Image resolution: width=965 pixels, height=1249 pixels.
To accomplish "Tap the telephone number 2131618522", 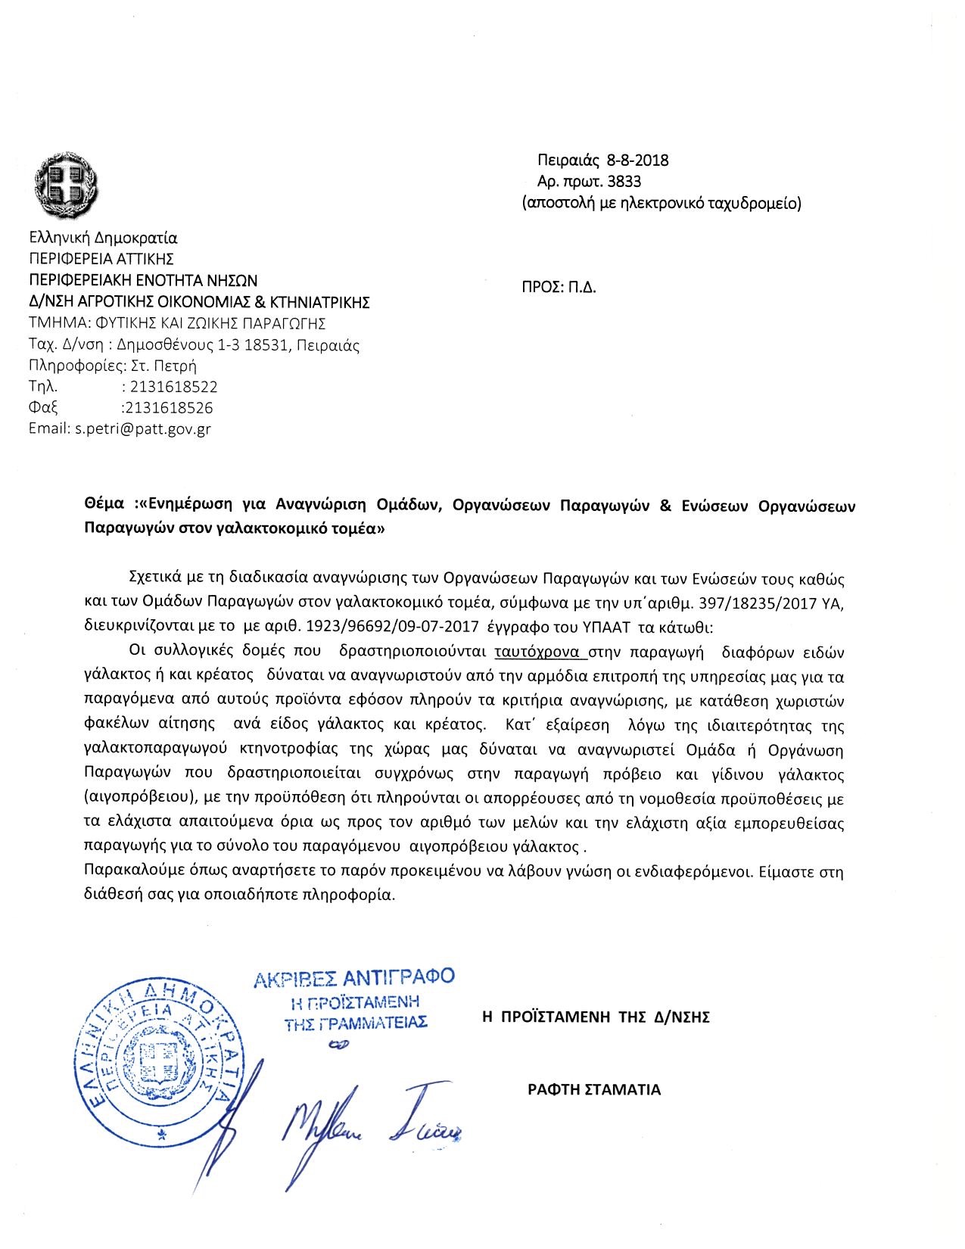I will (174, 387).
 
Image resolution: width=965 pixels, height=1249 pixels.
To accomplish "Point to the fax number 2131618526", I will (170, 408).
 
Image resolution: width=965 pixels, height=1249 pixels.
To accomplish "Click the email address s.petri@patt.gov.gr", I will (142, 429).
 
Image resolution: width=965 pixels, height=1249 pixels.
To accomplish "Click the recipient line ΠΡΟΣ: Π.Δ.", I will (559, 288).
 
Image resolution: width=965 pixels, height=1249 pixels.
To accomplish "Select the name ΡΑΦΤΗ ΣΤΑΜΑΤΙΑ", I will (594, 1090).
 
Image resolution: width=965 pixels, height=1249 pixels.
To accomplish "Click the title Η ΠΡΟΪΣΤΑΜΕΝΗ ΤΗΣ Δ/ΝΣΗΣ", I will (596, 1017).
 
